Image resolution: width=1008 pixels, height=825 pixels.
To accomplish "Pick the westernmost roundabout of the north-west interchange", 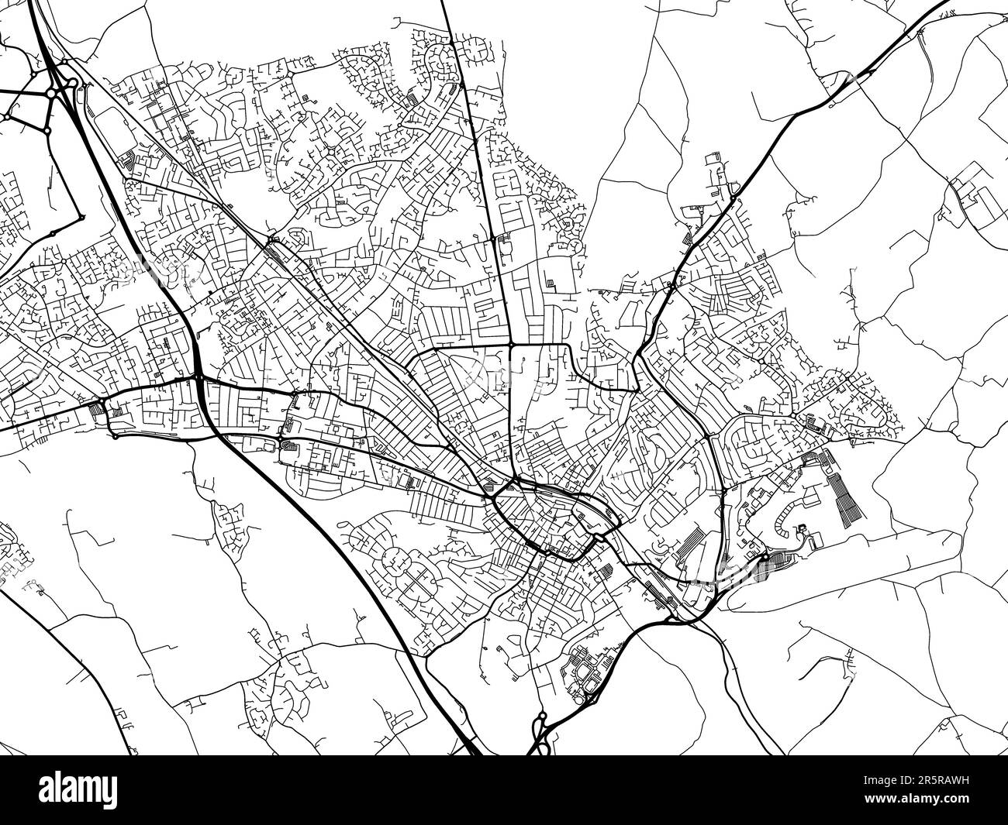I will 6,117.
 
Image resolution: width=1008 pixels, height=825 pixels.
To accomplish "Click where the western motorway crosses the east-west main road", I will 199,378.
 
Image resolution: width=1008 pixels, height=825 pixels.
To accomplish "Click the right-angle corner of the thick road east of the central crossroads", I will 570,346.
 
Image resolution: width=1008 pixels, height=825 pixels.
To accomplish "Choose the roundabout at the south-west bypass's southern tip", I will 115,436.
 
